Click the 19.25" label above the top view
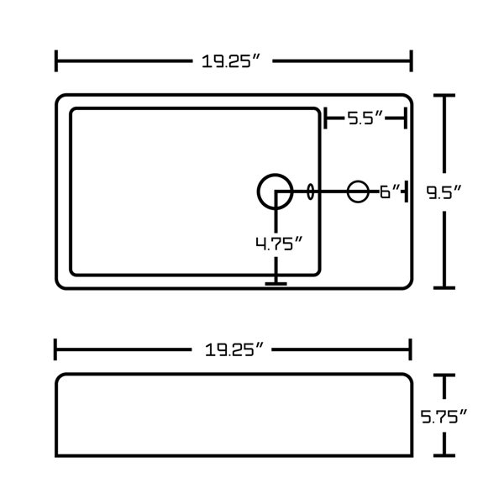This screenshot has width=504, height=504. click(x=230, y=61)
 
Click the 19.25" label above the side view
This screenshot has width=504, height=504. click(x=234, y=349)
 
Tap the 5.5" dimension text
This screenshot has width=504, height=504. click(x=365, y=118)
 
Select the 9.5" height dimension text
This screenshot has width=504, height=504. click(x=444, y=192)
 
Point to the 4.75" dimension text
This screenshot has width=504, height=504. click(x=279, y=244)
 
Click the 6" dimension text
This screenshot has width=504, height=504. click(x=390, y=192)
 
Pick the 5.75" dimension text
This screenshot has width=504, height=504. click(x=444, y=417)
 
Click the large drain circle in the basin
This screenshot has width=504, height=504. click(x=276, y=192)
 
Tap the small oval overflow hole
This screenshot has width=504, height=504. click(x=310, y=192)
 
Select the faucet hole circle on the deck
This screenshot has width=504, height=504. click(x=358, y=192)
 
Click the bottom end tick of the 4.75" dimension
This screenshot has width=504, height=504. click(x=276, y=284)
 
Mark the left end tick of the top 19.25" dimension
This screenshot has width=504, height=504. click(x=56, y=60)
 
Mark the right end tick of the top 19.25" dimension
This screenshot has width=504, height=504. click(x=411, y=60)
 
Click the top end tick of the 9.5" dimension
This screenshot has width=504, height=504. click(x=444, y=96)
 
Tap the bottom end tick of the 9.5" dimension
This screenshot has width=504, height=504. click(x=444, y=287)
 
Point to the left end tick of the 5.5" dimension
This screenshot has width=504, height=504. click(x=325, y=118)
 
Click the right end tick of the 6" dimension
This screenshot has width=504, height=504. click(x=407, y=192)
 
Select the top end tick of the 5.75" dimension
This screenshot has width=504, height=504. click(x=444, y=375)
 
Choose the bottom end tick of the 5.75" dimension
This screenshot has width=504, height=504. click(x=444, y=455)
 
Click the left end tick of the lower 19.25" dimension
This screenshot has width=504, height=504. click(x=55, y=349)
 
